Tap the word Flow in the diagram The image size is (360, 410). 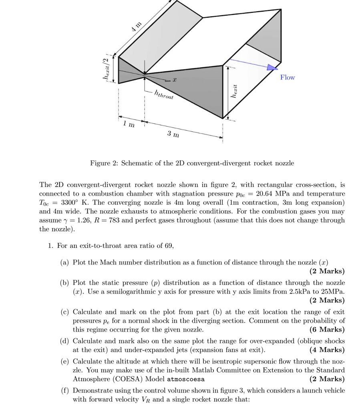pos(287,77)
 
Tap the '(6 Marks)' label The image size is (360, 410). pos(327,330)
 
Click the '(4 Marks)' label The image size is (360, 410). pos(327,350)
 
